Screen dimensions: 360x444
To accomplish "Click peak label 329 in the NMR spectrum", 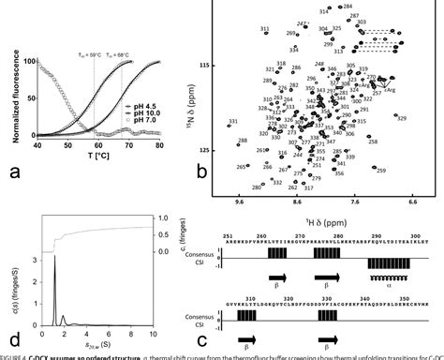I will coord(401,118).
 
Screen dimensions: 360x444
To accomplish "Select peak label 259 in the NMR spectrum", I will coord(380,170).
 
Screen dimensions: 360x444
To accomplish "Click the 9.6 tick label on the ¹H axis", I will coord(242,201).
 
